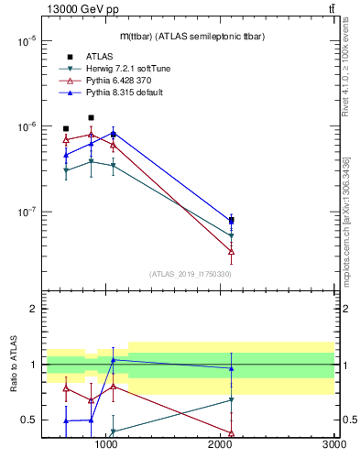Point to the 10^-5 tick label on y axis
[26, 41]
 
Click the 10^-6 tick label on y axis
[26, 126]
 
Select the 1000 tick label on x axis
[106, 444]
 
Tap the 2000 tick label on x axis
[220, 444]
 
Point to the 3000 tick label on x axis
[333, 444]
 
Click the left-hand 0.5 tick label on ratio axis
[28, 420]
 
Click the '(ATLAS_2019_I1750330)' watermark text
[191, 274]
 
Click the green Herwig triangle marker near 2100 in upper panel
[232, 236]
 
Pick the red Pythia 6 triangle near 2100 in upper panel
[232, 251]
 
